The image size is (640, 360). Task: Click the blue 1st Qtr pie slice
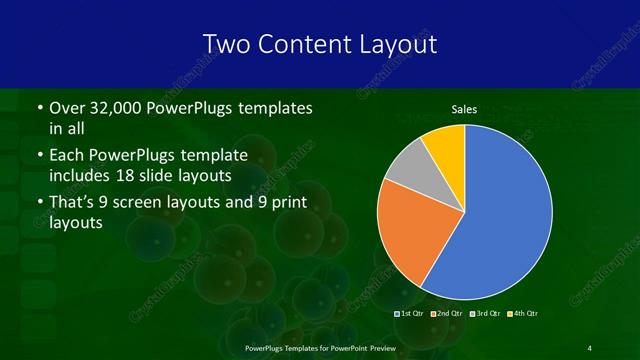(x=505, y=215)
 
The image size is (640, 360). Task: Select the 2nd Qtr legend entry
(x=447, y=314)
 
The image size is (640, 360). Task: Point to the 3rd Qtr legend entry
(x=486, y=314)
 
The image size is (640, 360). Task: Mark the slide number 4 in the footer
(x=589, y=347)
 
